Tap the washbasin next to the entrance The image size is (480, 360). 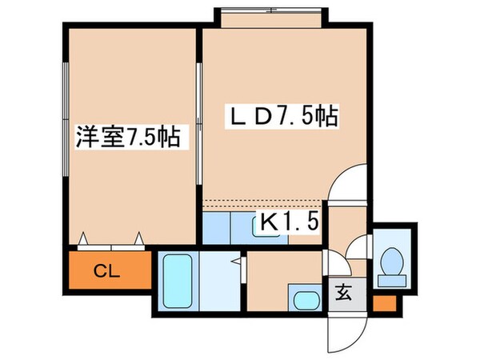coord(305,302)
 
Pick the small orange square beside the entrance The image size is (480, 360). coord(383,304)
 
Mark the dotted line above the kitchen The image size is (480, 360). coord(264,201)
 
